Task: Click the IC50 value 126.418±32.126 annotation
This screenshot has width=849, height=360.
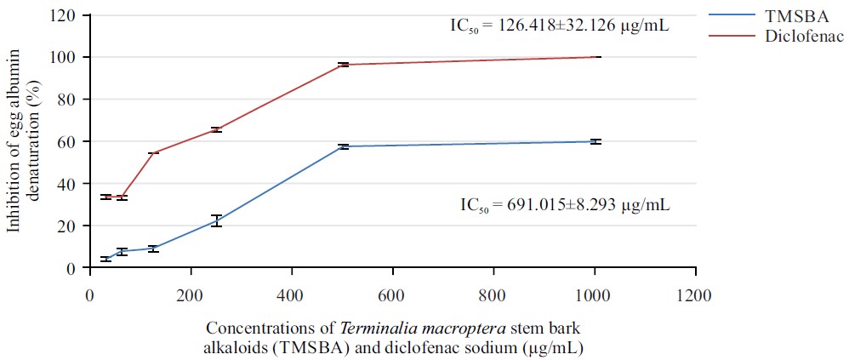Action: (560, 26)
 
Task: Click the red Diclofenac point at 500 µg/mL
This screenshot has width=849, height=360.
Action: (343, 65)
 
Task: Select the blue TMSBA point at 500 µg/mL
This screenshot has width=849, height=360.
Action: (343, 146)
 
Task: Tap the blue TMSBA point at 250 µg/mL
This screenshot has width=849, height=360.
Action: (216, 220)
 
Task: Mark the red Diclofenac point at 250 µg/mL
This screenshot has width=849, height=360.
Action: (216, 129)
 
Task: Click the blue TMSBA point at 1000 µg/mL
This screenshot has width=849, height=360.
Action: (595, 141)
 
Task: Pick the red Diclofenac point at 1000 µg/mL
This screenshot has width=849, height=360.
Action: (595, 57)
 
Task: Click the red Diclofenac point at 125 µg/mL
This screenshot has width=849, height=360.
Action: (153, 153)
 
